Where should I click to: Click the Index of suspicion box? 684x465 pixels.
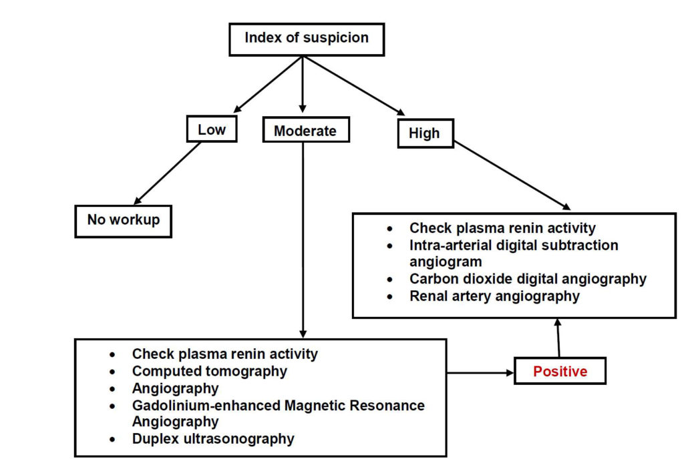(x=307, y=39)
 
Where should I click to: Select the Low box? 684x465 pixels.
(x=212, y=129)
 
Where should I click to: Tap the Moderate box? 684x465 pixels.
(x=306, y=129)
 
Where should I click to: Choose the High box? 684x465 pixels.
(x=425, y=133)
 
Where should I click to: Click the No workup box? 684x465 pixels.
(x=123, y=221)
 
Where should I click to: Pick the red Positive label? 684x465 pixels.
(x=560, y=372)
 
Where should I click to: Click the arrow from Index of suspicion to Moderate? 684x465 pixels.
(x=303, y=84)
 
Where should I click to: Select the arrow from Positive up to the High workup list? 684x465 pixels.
(x=558, y=338)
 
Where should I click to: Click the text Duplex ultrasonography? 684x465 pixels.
(x=213, y=438)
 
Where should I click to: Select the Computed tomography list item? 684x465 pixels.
(x=209, y=371)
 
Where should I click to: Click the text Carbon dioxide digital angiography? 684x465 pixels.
(x=528, y=278)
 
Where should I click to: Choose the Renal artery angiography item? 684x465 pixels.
(x=495, y=296)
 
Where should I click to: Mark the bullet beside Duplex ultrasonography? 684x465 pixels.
(x=113, y=440)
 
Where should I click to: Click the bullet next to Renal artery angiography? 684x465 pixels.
(x=389, y=298)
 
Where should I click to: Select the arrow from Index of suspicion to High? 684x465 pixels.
(x=355, y=86)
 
